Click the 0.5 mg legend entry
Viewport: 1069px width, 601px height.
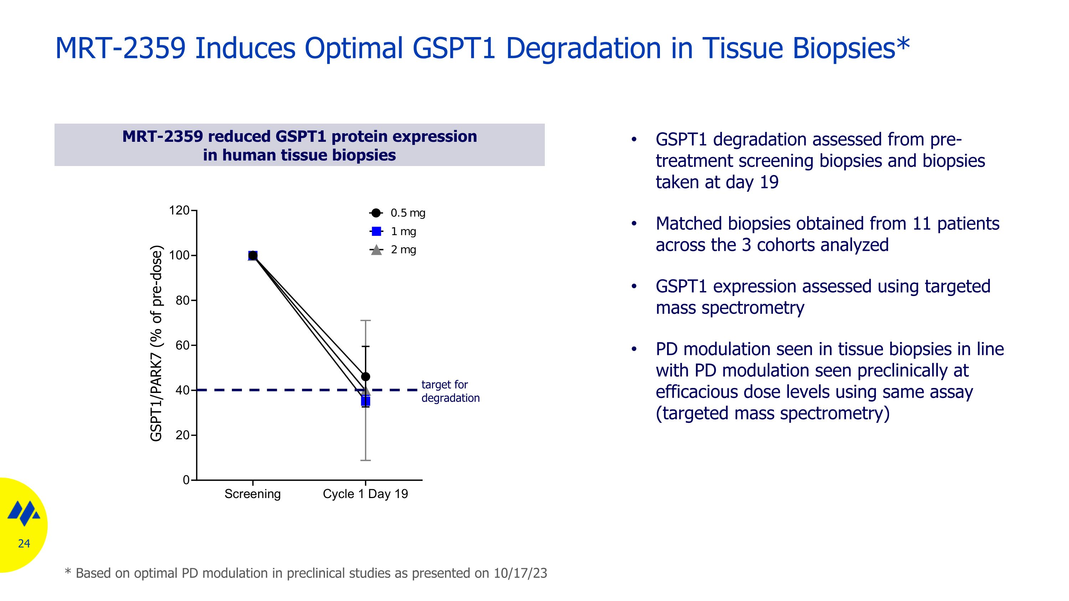click(x=397, y=213)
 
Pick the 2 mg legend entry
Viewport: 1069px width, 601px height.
click(x=393, y=249)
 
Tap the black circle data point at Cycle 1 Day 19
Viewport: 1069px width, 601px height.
click(x=365, y=377)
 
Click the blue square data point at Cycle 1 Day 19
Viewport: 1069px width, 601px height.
click(x=365, y=401)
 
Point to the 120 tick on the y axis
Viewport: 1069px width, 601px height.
click(x=179, y=210)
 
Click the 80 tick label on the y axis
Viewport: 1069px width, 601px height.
click(x=182, y=300)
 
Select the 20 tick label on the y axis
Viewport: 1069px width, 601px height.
click(x=182, y=435)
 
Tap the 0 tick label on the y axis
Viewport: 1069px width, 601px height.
click(x=186, y=480)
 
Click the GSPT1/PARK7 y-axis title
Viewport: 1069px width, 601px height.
click(x=156, y=343)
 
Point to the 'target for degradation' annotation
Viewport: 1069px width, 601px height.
click(x=450, y=391)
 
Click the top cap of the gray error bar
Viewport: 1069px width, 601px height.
click(x=365, y=321)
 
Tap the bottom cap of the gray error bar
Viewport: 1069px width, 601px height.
click(x=365, y=460)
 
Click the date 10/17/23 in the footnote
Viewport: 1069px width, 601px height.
click(x=520, y=573)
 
